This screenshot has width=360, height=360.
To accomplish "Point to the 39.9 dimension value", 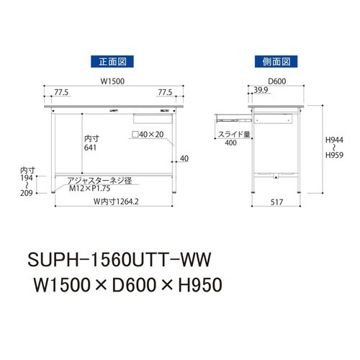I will pyautogui.click(x=262, y=91).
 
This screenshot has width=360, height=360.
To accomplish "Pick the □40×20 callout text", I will pyautogui.click(x=153, y=134).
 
